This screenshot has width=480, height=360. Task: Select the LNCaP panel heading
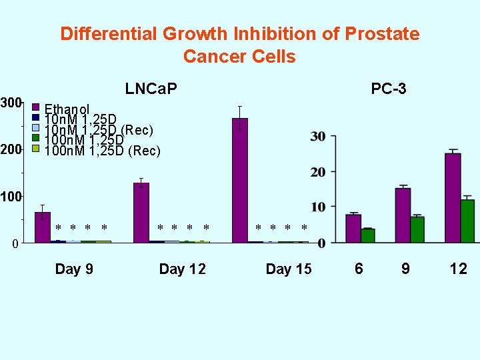151,89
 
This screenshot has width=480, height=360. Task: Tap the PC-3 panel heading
389,89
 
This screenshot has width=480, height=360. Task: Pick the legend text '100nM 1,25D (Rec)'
102,151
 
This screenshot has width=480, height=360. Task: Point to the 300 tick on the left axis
11,103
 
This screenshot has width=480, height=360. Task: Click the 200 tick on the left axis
11,150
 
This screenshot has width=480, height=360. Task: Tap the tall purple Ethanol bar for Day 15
239,180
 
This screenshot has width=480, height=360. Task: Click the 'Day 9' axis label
74,269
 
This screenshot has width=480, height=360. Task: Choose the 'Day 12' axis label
182,269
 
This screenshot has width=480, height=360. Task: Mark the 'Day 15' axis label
288,269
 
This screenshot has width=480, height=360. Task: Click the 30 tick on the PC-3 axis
318,137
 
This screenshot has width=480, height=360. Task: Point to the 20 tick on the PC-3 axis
318,172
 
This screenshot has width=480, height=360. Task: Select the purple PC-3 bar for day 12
453,197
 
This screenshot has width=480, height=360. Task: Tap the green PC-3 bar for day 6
367,235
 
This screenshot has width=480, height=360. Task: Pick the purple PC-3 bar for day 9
403,215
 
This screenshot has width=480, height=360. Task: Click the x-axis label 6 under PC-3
359,269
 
